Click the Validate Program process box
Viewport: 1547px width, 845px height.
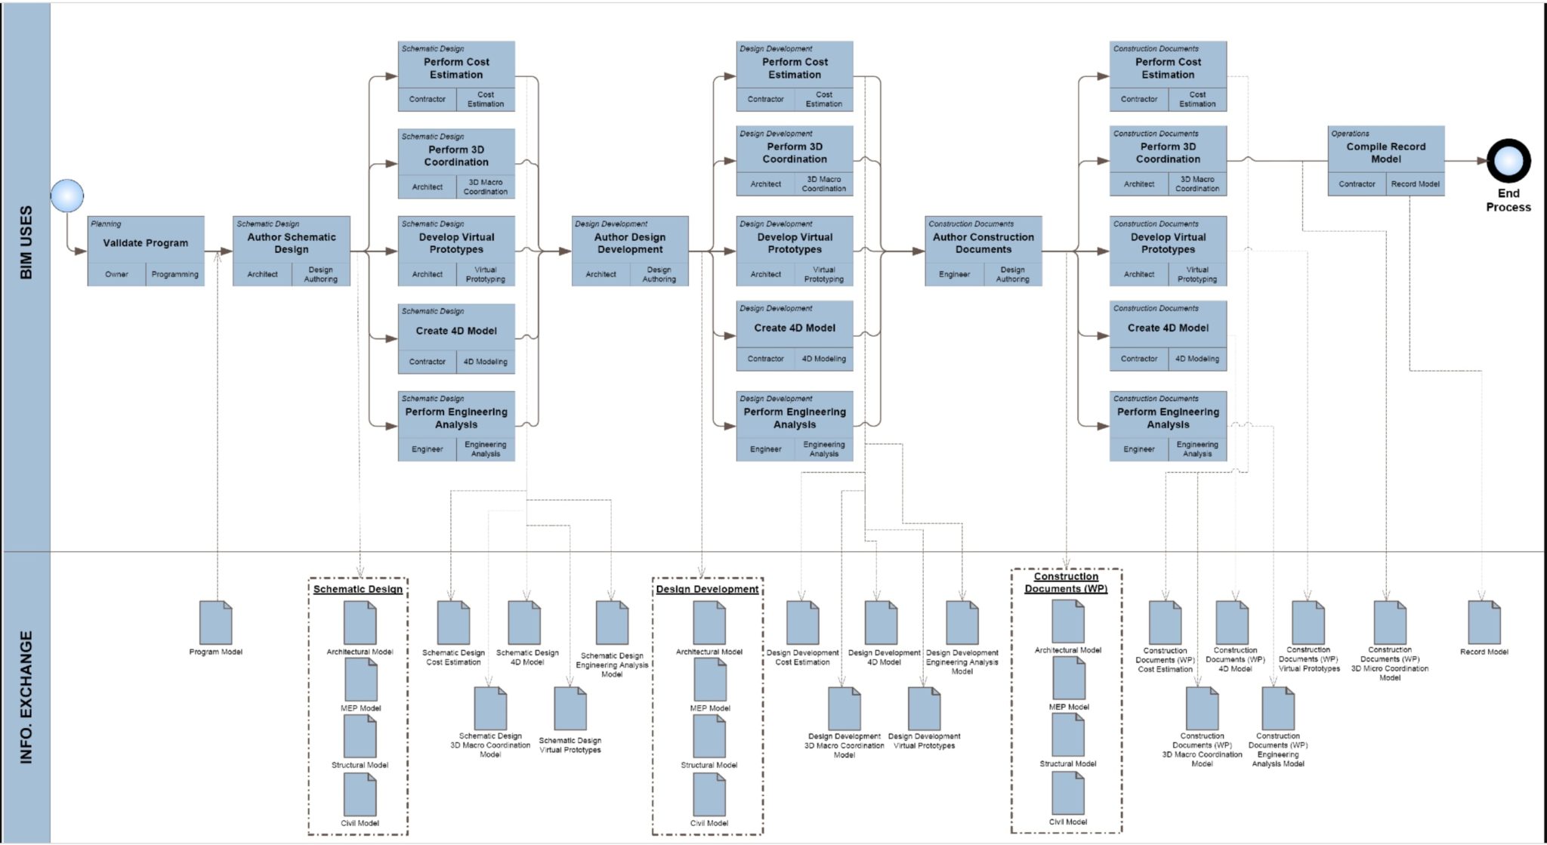(145, 242)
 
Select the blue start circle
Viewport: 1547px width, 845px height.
(67, 196)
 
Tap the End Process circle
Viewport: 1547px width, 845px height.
(1508, 161)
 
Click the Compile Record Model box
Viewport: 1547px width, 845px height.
(1385, 153)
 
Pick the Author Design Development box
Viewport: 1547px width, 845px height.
(629, 243)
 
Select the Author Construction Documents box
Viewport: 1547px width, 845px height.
(983, 243)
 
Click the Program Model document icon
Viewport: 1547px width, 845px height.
(216, 623)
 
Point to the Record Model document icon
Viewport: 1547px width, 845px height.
(1484, 623)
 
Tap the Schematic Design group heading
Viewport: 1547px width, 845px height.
(358, 589)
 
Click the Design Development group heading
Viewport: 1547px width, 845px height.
(707, 589)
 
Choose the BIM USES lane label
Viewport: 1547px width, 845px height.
(26, 243)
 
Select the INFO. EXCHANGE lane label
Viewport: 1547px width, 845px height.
(26, 697)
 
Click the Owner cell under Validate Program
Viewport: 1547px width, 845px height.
(116, 274)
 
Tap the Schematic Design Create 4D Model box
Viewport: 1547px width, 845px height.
(456, 331)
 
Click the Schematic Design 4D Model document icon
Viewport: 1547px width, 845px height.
(524, 623)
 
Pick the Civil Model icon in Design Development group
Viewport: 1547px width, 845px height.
(709, 794)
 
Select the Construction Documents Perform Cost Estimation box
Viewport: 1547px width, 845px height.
(1168, 68)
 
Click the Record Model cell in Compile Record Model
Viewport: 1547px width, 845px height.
(1415, 183)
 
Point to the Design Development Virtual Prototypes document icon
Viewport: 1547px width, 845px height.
(924, 708)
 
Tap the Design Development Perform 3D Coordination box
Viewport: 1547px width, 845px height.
(795, 153)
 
